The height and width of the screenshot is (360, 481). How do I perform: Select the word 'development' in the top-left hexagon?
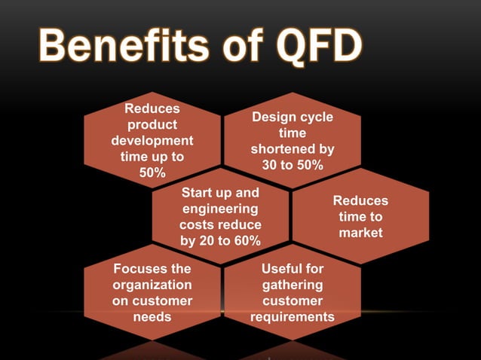(152, 141)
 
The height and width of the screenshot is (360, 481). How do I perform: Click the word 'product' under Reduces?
(152, 125)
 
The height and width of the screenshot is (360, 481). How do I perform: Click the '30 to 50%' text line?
(293, 165)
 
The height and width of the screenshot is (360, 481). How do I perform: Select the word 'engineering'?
(220, 209)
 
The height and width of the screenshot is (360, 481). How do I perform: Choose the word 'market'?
(360, 233)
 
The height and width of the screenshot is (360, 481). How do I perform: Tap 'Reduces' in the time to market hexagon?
(360, 201)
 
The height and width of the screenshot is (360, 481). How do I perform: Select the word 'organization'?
(152, 285)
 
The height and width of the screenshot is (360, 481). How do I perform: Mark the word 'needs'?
(152, 316)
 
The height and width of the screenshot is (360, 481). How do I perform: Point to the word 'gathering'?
(293, 285)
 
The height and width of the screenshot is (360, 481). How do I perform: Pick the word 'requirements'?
(293, 316)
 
